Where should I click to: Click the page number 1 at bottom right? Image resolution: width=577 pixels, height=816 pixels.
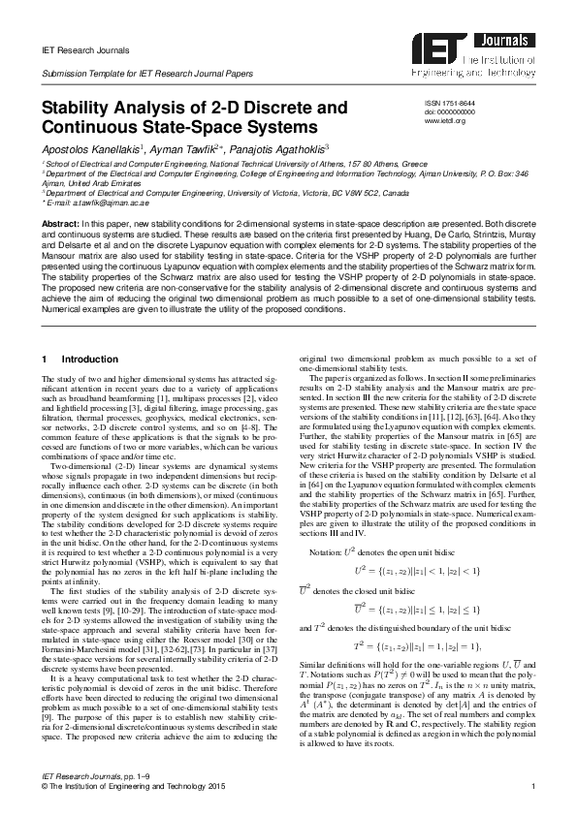click(x=533, y=786)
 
